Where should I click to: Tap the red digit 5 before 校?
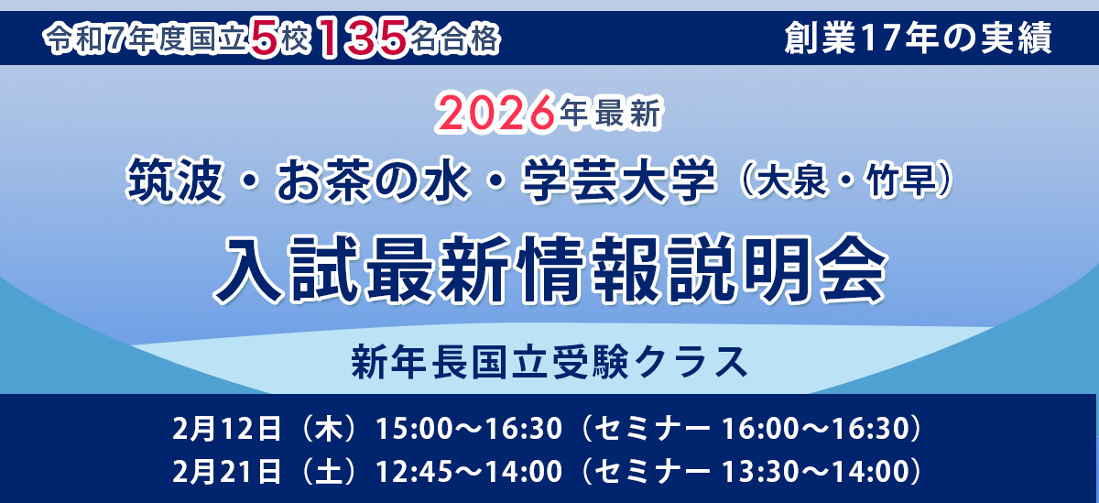(265, 38)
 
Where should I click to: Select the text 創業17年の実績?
(919, 38)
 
